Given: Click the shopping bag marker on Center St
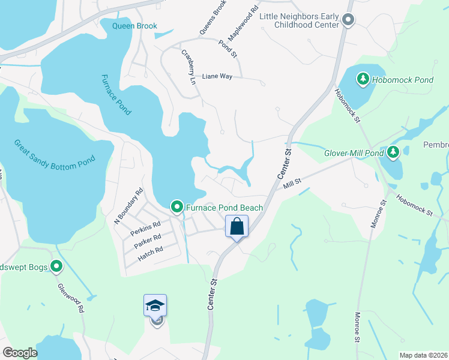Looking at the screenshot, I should pyautogui.click(x=237, y=227).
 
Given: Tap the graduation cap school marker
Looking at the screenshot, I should pyautogui.click(x=155, y=306).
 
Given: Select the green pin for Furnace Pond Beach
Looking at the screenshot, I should pyautogui.click(x=177, y=208).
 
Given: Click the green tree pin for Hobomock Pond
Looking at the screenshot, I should pyautogui.click(x=363, y=79).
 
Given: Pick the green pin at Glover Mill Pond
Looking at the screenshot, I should pyautogui.click(x=393, y=152).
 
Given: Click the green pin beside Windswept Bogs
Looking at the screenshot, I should pyautogui.click(x=56, y=266).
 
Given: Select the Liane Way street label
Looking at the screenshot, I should pyautogui.click(x=217, y=76).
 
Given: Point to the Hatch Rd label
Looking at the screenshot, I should pyautogui.click(x=150, y=251).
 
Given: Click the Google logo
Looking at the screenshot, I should pyautogui.click(x=20, y=353).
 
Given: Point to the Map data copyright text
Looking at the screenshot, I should pyautogui.click(x=423, y=355).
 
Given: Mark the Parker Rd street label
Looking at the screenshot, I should pyautogui.click(x=148, y=239).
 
